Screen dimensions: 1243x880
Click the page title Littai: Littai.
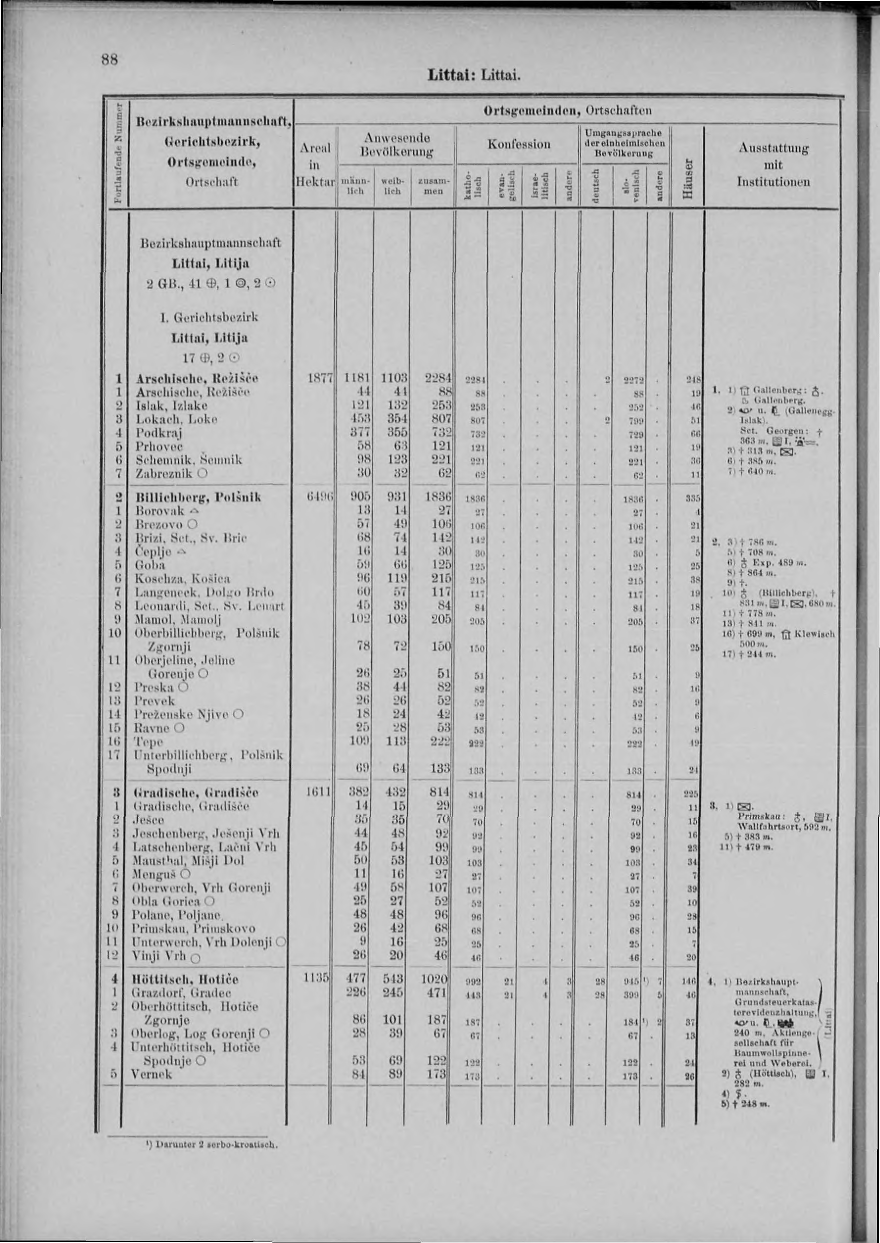[474, 73]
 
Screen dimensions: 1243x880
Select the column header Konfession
[519, 144]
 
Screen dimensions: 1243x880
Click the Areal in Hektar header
[315, 164]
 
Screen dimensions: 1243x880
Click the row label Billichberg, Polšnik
[198, 497]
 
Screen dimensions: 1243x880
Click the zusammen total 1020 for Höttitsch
[436, 979]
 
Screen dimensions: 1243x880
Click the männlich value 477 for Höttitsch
[357, 979]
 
